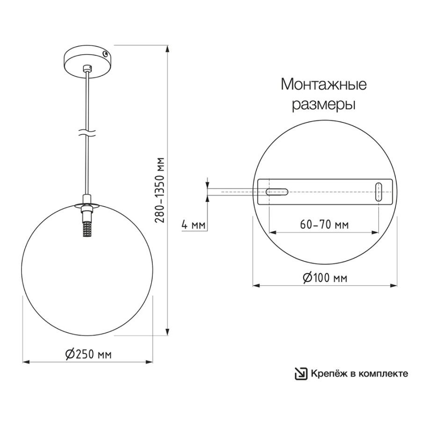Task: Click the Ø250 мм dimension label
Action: [88, 355]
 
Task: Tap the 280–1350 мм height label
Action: [160, 190]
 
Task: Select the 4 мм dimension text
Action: [193, 225]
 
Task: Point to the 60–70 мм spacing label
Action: [324, 225]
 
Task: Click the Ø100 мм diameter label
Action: [325, 277]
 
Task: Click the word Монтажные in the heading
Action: [324, 84]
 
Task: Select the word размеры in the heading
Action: [324, 104]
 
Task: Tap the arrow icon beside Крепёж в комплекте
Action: [301, 374]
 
